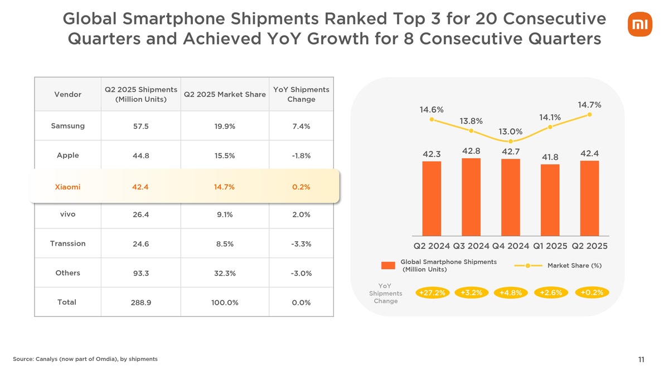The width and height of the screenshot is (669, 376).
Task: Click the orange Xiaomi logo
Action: point(639,25)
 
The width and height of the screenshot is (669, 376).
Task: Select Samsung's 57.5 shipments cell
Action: point(140,126)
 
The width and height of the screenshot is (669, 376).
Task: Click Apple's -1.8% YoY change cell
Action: point(301,156)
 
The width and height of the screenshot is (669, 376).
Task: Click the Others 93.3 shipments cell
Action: point(140,274)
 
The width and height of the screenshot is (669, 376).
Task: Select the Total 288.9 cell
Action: point(140,302)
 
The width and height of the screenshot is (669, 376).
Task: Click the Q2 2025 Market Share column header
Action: point(224,95)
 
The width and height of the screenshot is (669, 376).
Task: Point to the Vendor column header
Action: point(67,95)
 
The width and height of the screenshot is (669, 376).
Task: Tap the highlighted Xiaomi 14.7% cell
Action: point(224,187)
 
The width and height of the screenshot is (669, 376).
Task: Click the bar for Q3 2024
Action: point(471,197)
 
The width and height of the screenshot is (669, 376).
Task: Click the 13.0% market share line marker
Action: point(511,141)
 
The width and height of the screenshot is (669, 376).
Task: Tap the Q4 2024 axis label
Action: point(511,246)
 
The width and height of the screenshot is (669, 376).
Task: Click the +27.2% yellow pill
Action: point(432,293)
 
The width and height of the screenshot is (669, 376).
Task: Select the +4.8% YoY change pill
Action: point(510,293)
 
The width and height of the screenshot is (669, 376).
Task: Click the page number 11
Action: point(641,360)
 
